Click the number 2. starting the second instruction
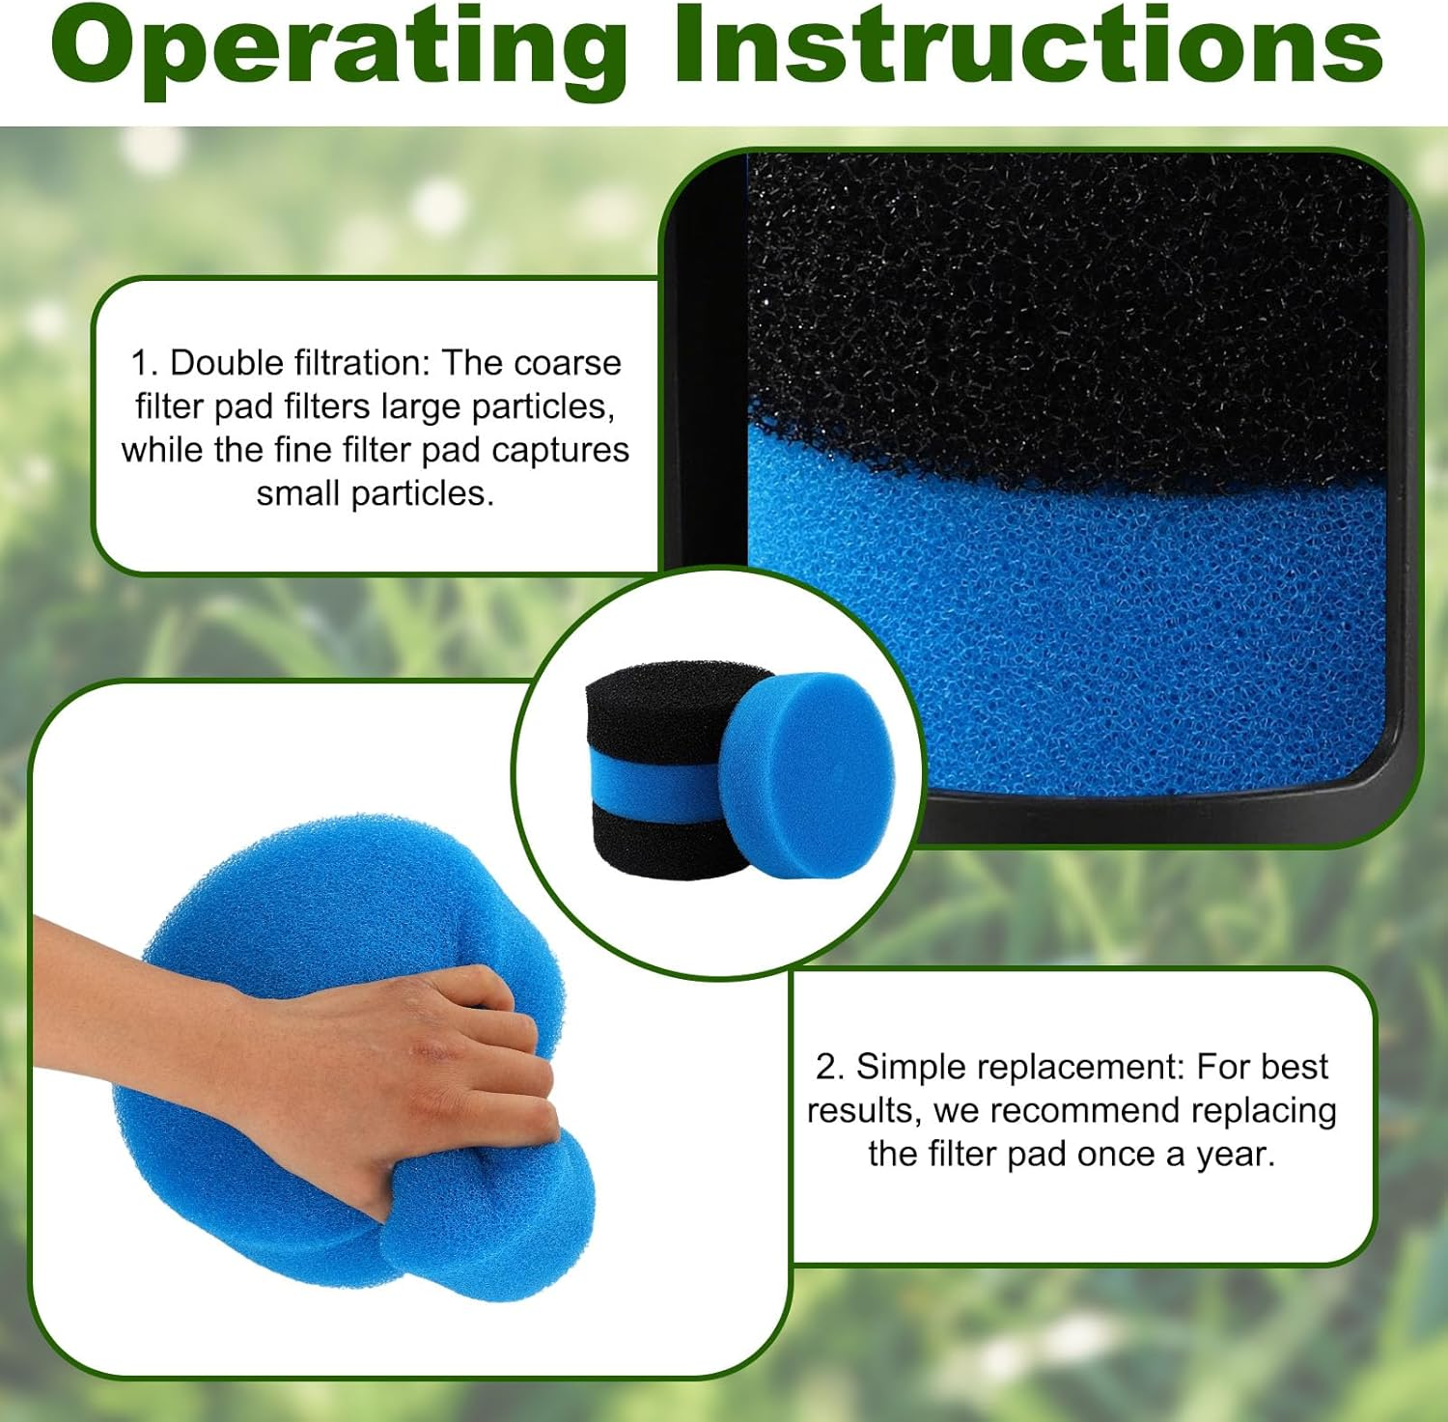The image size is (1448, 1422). tap(830, 1067)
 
